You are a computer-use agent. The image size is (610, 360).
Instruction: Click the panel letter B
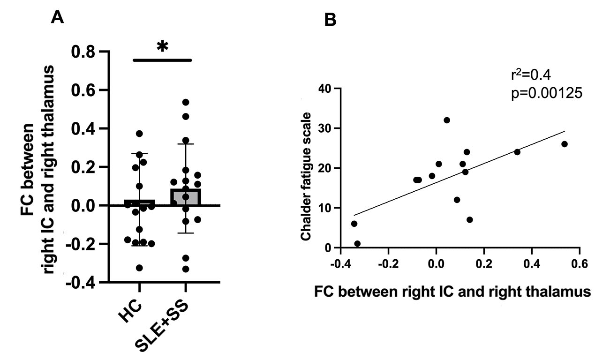(331, 20)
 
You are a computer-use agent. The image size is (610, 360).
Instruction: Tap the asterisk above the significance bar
(162, 47)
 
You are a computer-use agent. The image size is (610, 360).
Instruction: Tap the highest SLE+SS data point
(185, 102)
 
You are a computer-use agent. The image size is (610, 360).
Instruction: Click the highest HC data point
(139, 134)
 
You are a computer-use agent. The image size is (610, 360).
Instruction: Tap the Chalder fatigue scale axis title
(306, 176)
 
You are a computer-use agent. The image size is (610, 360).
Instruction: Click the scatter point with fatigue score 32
(447, 120)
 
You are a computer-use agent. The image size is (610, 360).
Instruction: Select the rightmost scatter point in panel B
(565, 144)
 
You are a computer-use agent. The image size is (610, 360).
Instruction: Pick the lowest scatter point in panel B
(357, 244)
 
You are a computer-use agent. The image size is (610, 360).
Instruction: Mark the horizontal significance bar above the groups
(162, 60)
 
